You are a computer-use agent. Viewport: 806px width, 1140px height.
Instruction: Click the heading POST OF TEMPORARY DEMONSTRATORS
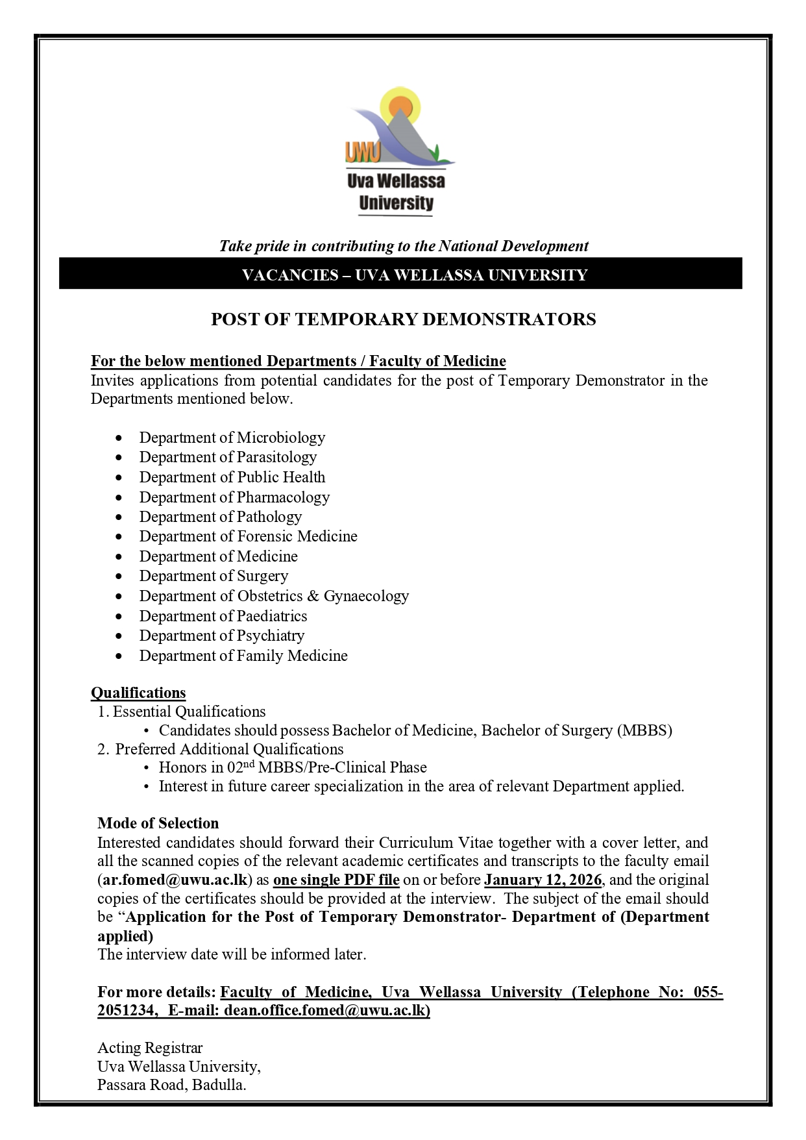click(403, 319)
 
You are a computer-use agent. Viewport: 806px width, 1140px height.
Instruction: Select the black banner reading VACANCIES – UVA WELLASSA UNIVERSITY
click(401, 275)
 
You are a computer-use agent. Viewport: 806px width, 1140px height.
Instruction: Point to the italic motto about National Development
click(403, 246)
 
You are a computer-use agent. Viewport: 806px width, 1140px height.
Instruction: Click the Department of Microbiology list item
click(232, 438)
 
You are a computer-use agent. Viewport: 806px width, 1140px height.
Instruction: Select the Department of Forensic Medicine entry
click(248, 536)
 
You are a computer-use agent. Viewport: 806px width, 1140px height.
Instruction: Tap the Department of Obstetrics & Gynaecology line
click(274, 596)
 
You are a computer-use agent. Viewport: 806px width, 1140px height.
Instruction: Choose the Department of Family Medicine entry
click(243, 656)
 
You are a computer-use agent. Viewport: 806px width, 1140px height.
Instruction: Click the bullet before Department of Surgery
click(118, 576)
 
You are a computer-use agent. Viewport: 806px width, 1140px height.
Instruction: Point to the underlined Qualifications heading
click(138, 693)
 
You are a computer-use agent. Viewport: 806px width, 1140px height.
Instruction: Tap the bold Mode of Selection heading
click(158, 823)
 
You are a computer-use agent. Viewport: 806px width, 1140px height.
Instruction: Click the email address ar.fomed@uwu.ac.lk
click(174, 880)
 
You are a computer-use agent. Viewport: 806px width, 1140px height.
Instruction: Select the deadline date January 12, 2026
click(543, 880)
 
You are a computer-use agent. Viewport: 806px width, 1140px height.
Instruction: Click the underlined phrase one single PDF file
click(336, 880)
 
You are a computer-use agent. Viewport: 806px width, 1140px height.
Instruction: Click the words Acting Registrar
click(150, 1048)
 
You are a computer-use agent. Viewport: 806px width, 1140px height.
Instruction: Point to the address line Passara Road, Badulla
click(172, 1085)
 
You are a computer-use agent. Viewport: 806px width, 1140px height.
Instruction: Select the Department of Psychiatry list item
click(221, 636)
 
